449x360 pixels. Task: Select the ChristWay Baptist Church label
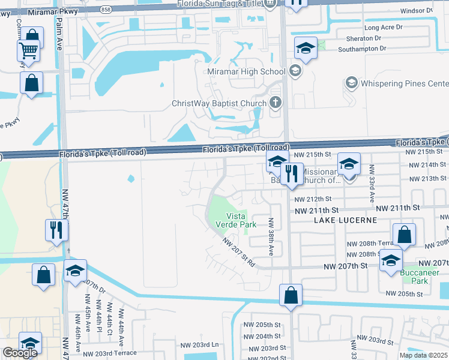click(218, 103)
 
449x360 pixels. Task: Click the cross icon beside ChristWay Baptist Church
click(276, 102)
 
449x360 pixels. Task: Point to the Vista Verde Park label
click(241, 220)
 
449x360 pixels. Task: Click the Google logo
click(20, 353)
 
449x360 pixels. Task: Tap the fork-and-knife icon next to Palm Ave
click(57, 229)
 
